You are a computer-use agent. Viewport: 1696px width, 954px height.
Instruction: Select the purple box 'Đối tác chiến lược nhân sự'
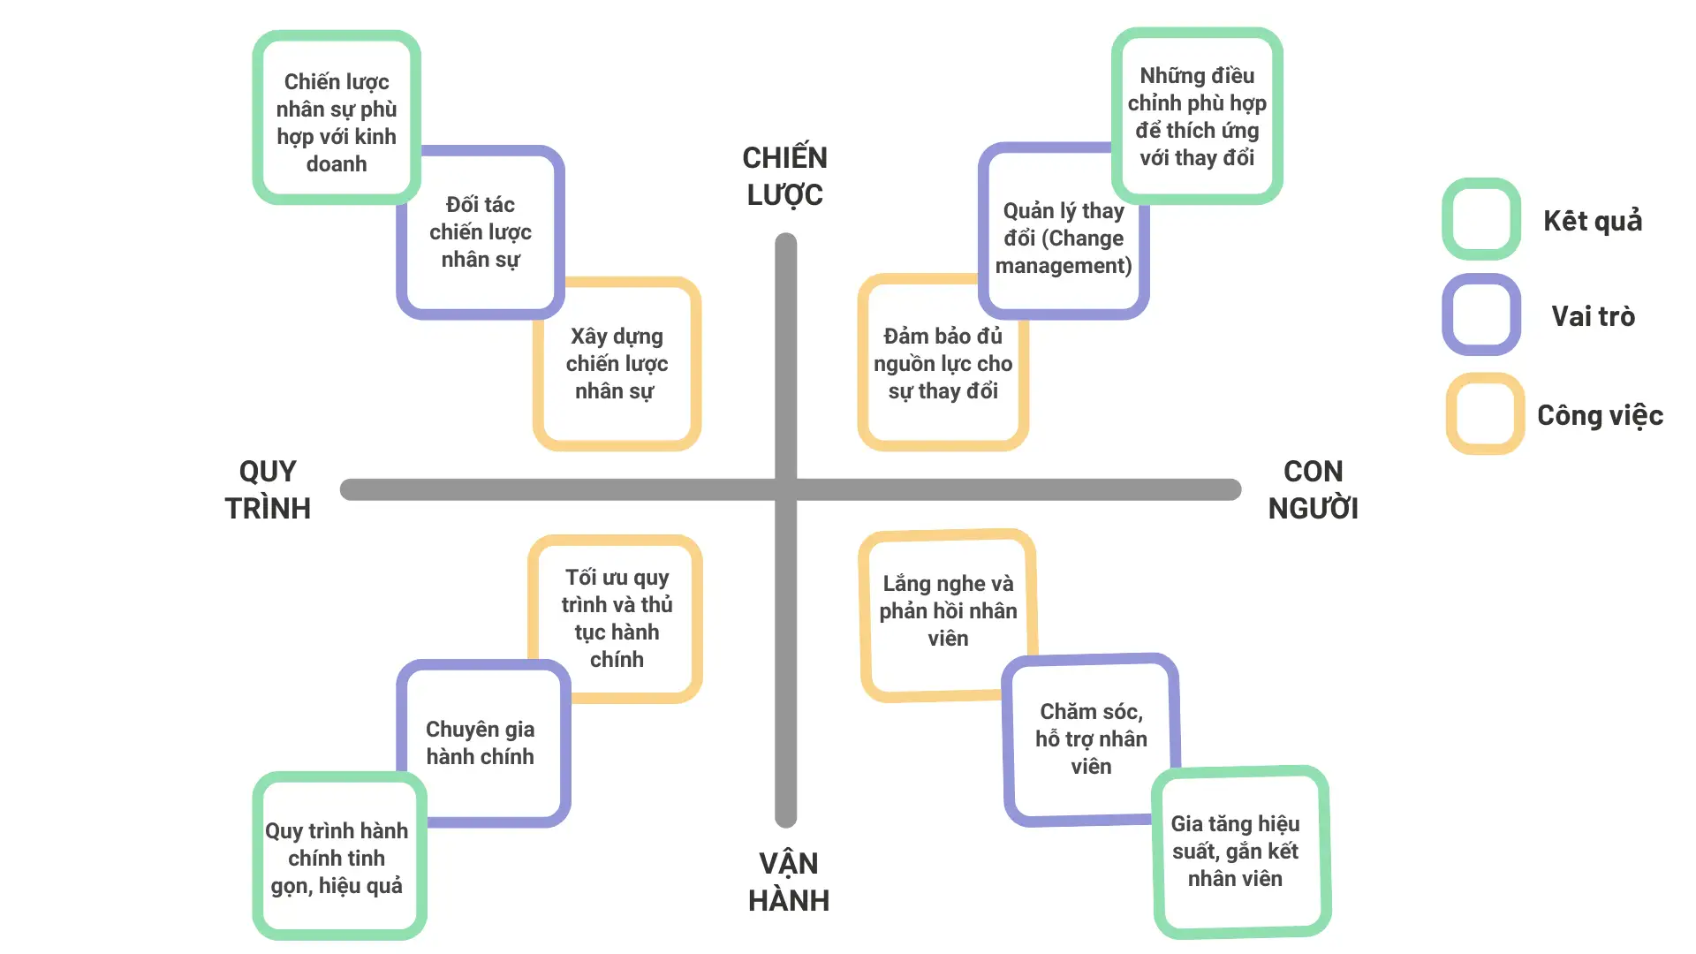click(x=481, y=232)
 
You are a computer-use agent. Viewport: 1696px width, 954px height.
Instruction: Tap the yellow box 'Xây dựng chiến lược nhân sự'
click(x=617, y=364)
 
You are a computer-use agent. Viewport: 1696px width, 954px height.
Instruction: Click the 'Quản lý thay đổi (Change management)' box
click(x=1064, y=238)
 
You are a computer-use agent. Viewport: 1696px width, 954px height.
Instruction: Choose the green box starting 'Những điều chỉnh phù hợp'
click(x=1197, y=117)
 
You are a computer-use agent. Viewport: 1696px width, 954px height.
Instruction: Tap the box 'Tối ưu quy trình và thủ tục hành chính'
click(x=617, y=617)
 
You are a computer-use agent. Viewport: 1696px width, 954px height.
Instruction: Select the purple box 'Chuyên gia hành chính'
click(x=481, y=743)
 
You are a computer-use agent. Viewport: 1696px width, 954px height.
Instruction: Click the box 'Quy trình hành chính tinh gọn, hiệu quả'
click(x=337, y=858)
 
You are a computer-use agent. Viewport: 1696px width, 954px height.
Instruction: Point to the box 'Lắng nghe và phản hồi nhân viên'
click(x=947, y=611)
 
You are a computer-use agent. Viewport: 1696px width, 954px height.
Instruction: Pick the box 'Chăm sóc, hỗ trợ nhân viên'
click(x=1091, y=738)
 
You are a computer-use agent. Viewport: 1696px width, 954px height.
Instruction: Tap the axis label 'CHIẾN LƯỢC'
click(x=784, y=176)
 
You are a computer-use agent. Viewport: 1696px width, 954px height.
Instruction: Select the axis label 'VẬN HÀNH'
click(x=788, y=882)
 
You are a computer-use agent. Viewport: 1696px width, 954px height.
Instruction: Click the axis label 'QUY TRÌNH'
click(x=268, y=489)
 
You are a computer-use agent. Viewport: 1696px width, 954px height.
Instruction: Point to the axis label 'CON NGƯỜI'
click(x=1313, y=489)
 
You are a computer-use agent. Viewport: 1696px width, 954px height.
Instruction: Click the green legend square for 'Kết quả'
click(x=1481, y=219)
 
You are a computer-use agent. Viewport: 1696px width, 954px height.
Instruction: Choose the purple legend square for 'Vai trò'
click(x=1481, y=314)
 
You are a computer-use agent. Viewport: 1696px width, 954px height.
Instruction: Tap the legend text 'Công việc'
click(x=1600, y=415)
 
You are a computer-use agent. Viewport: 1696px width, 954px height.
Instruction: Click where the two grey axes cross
click(x=786, y=489)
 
